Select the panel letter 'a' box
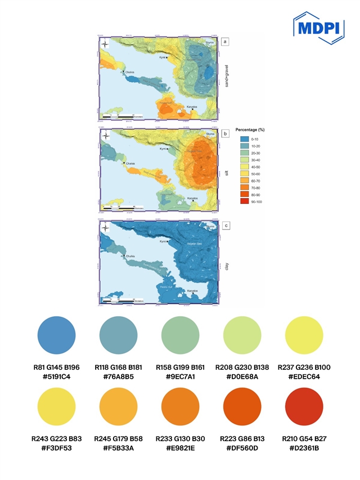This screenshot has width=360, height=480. [x=226, y=42]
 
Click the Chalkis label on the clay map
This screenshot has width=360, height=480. [x=130, y=257]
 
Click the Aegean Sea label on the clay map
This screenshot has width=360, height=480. [x=195, y=244]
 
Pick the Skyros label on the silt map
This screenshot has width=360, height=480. [x=210, y=134]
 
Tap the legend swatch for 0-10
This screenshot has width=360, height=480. [x=244, y=138]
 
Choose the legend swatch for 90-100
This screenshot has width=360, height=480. [x=244, y=201]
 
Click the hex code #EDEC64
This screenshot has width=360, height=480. [x=304, y=376]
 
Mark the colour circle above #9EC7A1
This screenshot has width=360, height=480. [x=180, y=337]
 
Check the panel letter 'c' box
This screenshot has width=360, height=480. [x=226, y=226]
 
